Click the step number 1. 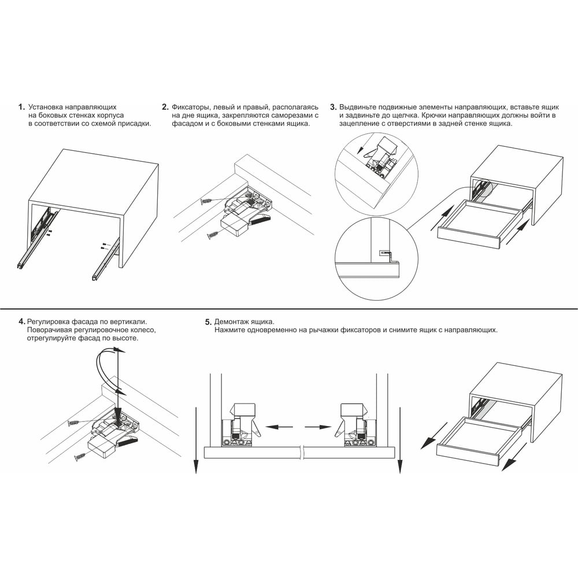pos(21,108)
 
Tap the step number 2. pos(165,108)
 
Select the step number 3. pos(334,108)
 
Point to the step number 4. pos(22,321)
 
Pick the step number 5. pos(209,322)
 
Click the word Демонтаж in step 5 pos(230,322)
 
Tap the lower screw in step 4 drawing pos(81,457)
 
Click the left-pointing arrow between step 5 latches pos(279,427)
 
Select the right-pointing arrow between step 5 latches pos(318,427)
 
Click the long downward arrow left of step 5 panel pos(196,440)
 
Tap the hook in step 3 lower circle pos(386,254)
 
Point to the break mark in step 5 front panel pos(303,453)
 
